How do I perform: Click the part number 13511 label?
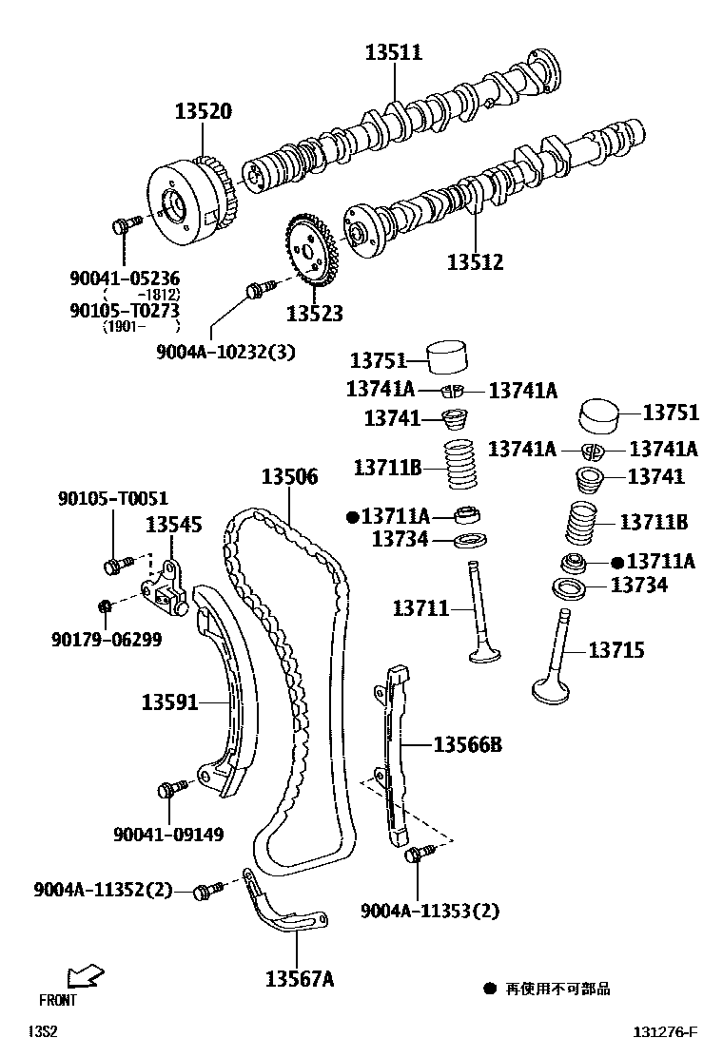(x=394, y=52)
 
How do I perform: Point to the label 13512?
(x=475, y=261)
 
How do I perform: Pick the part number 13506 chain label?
(x=290, y=477)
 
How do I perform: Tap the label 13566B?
(x=467, y=745)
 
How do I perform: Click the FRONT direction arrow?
(x=86, y=975)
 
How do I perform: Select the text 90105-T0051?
(x=112, y=498)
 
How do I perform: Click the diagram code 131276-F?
(x=666, y=1032)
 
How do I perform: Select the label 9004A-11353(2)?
(x=430, y=912)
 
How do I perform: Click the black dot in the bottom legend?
(x=490, y=989)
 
